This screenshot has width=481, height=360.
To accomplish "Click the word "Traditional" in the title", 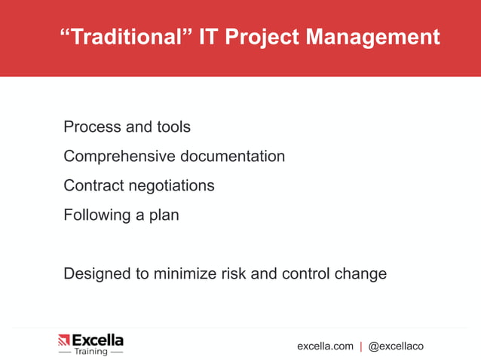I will [x=124, y=37].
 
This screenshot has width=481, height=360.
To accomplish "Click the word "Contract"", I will [x=92, y=185].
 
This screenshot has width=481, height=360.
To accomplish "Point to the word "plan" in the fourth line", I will [x=164, y=215].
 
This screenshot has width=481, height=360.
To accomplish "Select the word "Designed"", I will [x=97, y=273].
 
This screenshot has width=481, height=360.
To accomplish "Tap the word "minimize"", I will [x=183, y=273].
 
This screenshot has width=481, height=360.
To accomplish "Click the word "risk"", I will [x=232, y=273].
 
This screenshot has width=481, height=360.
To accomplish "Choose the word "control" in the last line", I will [x=305, y=273].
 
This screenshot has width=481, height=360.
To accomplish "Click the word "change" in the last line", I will [x=360, y=273].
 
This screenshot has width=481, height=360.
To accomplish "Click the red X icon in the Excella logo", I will [x=64, y=340].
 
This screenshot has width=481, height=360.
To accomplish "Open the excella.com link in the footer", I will [x=325, y=346].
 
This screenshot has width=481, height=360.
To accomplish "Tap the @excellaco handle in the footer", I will [x=396, y=346].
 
